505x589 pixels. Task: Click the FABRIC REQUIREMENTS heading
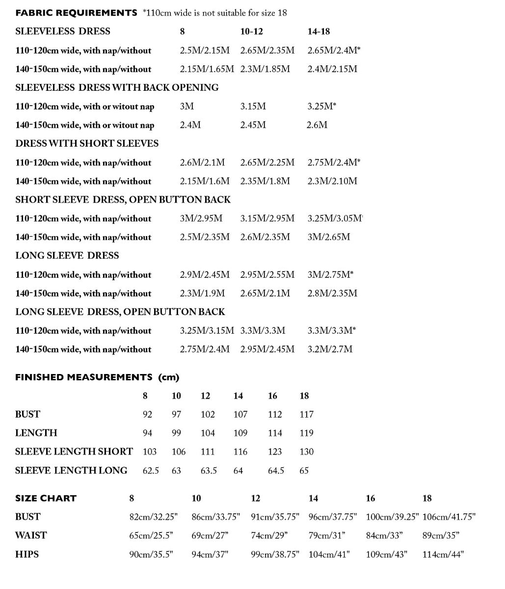pos(76,13)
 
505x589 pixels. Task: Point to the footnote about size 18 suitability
pos(215,13)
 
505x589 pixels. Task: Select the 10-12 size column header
pos(251,31)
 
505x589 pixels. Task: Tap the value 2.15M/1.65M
pos(207,69)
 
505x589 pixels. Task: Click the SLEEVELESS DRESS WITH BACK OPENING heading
pos(117,88)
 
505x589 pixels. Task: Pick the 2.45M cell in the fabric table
pos(253,125)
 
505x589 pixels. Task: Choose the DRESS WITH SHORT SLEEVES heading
pos(87,144)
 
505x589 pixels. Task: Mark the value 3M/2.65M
pos(329,237)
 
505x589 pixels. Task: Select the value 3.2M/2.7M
pos(330,349)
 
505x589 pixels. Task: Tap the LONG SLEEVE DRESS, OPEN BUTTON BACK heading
pos(120,312)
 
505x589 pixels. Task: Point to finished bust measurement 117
pos(306,415)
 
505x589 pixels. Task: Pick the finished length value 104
pos(208,433)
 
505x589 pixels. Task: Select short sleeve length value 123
pos(275,452)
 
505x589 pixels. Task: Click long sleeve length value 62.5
pos(151,471)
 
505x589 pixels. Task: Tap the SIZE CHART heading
pos(46,499)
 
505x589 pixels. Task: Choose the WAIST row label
pos(31,535)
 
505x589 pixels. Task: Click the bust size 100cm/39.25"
pos(392,517)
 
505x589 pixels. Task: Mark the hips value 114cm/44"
pos(443,555)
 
